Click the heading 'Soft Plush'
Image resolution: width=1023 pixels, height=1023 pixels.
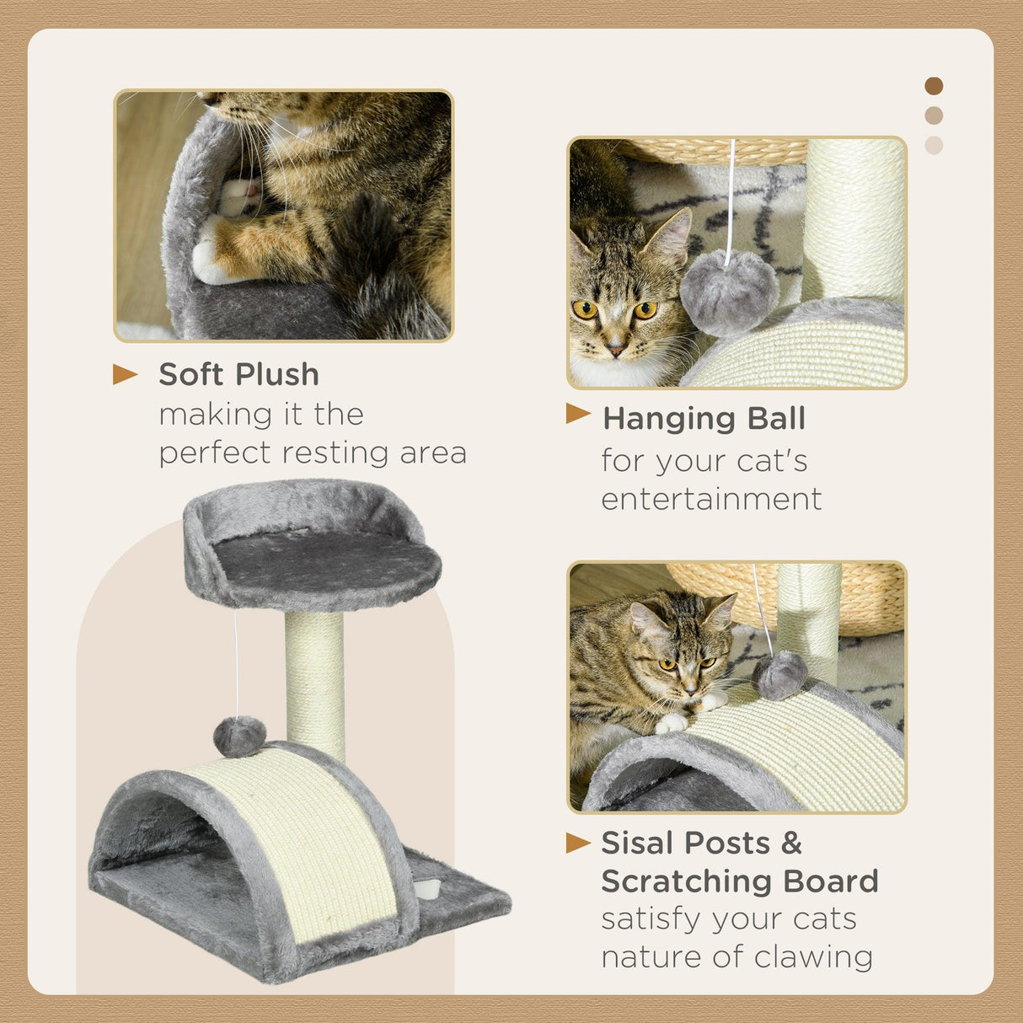tap(238, 374)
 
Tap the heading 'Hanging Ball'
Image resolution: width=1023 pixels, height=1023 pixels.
tap(704, 418)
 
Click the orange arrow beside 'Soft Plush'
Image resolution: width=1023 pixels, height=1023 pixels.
tap(125, 374)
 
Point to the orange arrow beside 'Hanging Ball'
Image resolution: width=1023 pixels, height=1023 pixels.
tap(578, 413)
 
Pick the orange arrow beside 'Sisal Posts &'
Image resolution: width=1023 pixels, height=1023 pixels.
tap(578, 842)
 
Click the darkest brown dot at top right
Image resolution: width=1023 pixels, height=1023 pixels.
tap(934, 86)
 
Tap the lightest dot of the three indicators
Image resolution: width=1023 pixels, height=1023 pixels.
tap(934, 145)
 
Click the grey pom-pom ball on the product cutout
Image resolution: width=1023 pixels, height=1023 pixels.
tap(239, 736)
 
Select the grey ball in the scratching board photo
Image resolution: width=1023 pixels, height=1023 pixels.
tap(779, 674)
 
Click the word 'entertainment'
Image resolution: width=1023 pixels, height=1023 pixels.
tap(711, 499)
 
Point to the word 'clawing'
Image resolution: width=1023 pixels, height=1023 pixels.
tap(813, 957)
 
